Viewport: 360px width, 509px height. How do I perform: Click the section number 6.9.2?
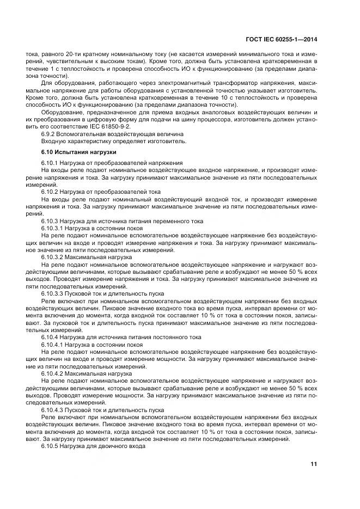pyautogui.click(x=50, y=133)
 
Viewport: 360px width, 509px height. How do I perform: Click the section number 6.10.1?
pyautogui.click(x=52, y=163)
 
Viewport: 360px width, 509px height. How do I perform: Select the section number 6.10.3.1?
pyautogui.click(x=55, y=229)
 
